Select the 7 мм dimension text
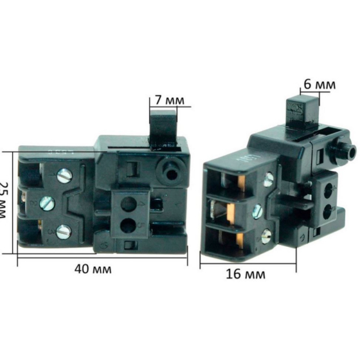(169, 100)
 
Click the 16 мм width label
(246, 275)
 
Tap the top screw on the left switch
(63, 174)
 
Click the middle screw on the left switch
(44, 203)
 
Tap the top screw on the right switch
(269, 181)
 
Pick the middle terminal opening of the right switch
(227, 210)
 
